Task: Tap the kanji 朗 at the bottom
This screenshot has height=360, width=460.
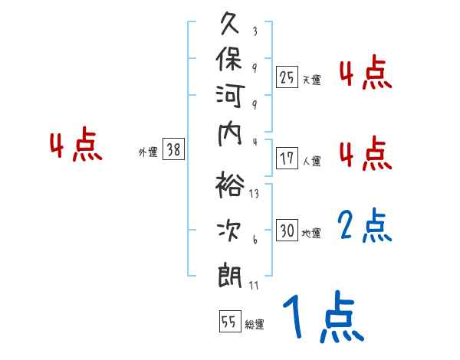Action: [231, 273]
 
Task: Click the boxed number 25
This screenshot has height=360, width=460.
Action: [287, 77]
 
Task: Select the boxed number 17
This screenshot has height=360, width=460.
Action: [287, 159]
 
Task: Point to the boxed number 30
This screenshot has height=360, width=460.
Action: [287, 231]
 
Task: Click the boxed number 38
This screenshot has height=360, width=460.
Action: [173, 150]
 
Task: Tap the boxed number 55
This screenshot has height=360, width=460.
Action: [229, 322]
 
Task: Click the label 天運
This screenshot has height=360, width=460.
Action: [311, 79]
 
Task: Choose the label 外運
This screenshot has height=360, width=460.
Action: [148, 152]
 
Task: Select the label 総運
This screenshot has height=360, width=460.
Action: [255, 324]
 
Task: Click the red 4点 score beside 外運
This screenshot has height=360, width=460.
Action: [76, 147]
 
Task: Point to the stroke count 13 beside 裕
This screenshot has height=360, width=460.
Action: [254, 194]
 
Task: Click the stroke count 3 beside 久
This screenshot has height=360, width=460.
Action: [255, 31]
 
